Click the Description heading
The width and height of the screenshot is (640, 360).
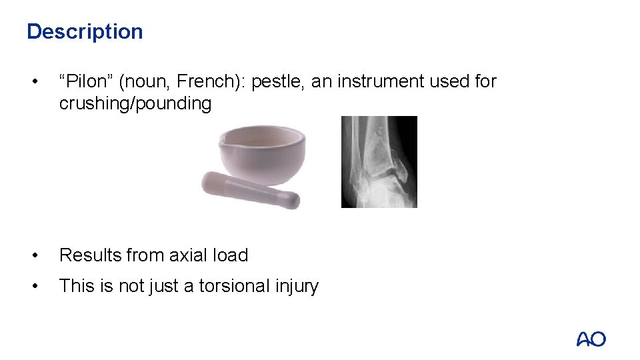pyautogui.click(x=85, y=31)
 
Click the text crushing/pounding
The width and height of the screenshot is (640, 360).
pyautogui.click(x=135, y=103)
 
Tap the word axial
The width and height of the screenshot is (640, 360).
pyautogui.click(x=188, y=255)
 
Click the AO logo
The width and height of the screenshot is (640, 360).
pyautogui.click(x=591, y=339)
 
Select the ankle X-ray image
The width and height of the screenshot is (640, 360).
pyautogui.click(x=379, y=162)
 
